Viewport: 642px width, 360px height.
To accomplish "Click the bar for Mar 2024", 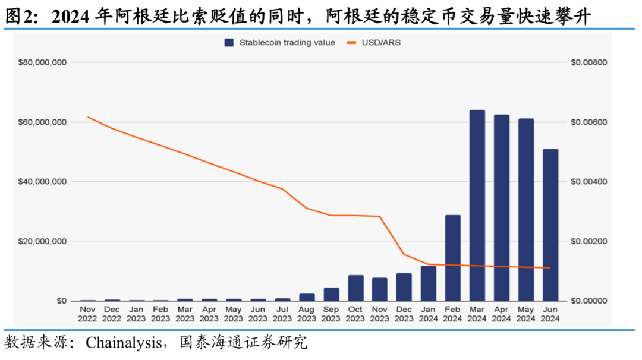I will pyautogui.click(x=477, y=206).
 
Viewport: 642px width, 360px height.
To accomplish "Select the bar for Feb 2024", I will pyautogui.click(x=453, y=258).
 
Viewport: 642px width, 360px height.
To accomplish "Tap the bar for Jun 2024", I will pyautogui.click(x=550, y=225).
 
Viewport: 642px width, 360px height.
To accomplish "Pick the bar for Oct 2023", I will pyautogui.click(x=355, y=288).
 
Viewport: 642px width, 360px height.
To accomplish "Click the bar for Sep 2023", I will pyautogui.click(x=331, y=294).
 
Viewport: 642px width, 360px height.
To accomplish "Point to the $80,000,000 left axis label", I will pyautogui.click(x=42, y=62).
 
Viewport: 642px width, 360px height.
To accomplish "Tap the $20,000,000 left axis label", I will pyautogui.click(x=42, y=241).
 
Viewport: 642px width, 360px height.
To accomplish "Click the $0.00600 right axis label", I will pyautogui.click(x=588, y=122).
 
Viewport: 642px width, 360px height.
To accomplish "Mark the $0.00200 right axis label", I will pyautogui.click(x=588, y=241).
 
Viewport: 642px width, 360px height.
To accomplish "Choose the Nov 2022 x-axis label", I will pyautogui.click(x=88, y=314).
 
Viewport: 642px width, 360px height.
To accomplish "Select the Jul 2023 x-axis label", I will pyautogui.click(x=282, y=314).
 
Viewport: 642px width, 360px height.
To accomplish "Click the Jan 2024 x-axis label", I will pyautogui.click(x=429, y=314).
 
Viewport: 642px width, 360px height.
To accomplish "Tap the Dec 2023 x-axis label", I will pyautogui.click(x=404, y=314).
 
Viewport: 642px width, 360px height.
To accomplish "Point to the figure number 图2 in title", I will pyautogui.click(x=17, y=17).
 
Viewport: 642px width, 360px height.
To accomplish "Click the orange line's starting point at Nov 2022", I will pyautogui.click(x=88, y=117).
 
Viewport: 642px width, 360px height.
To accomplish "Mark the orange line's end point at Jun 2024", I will pyautogui.click(x=550, y=268).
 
